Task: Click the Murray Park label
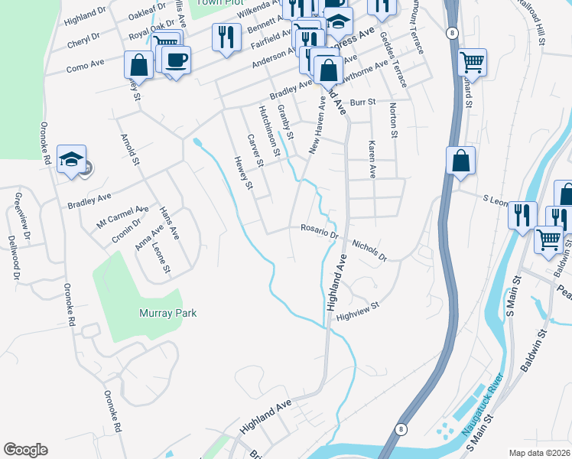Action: (167, 313)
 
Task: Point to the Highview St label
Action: (358, 310)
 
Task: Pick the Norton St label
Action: (394, 120)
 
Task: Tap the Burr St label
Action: (363, 102)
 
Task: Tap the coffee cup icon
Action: (176, 60)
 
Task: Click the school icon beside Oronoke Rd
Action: (71, 159)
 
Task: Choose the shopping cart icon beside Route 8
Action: (473, 62)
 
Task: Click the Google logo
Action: (25, 450)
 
